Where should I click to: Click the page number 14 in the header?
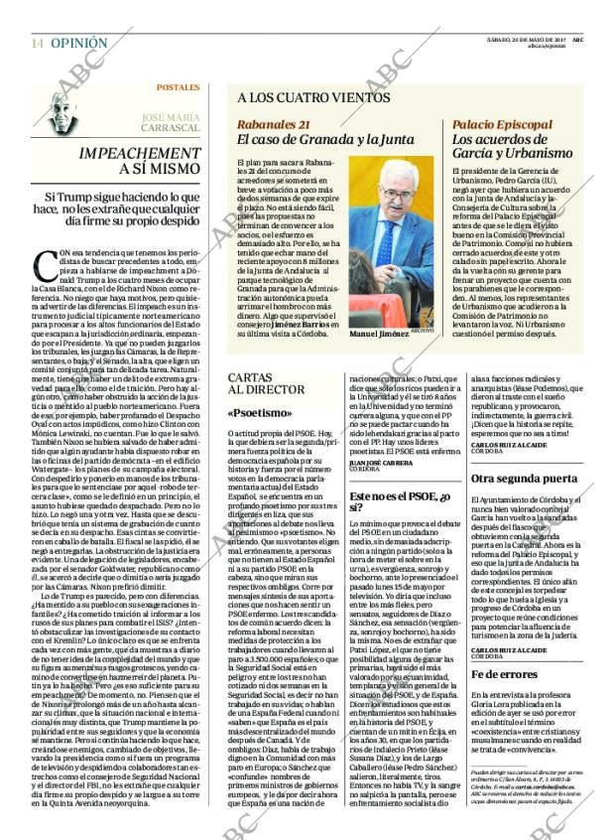(x=36, y=43)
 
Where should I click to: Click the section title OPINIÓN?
(x=77, y=43)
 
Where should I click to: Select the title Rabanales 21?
(x=274, y=124)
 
